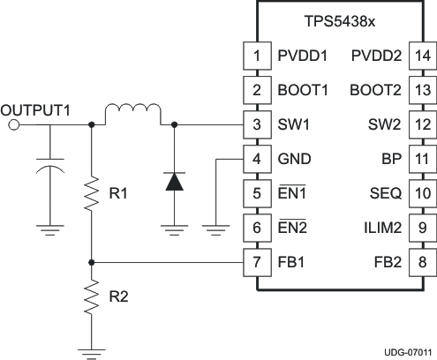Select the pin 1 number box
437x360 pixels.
(256, 56)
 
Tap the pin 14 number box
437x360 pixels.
(423, 56)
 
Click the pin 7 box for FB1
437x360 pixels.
(256, 262)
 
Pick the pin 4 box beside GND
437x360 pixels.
(256, 159)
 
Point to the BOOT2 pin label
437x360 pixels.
(376, 90)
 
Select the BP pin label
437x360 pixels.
(394, 159)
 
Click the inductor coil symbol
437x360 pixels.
(132, 115)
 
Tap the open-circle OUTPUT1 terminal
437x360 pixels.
(13, 125)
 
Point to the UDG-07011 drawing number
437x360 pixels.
(407, 351)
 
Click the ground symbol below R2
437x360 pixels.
(92, 351)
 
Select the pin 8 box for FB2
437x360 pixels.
(423, 262)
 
